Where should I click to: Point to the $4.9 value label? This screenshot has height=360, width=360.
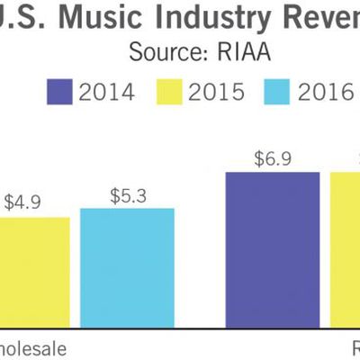[22, 202]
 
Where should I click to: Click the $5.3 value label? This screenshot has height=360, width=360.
[127, 193]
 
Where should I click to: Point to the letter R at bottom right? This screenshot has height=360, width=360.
[353, 346]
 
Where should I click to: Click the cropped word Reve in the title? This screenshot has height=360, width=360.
[324, 17]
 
